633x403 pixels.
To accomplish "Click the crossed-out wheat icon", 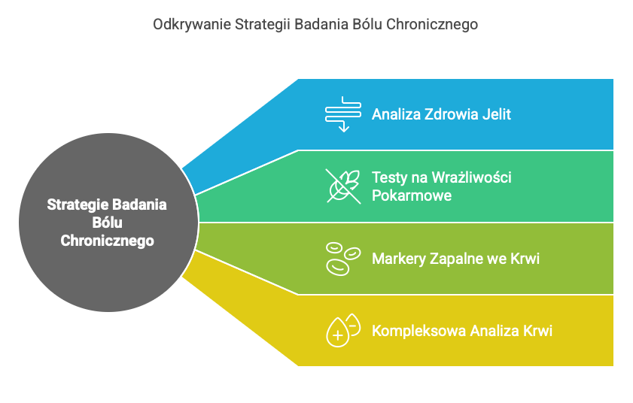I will pos(343,186).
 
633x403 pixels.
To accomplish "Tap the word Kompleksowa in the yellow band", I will pos(418,330).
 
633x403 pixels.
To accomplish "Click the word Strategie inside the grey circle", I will pos(76,205).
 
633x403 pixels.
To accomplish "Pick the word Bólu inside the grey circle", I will pos(107,223).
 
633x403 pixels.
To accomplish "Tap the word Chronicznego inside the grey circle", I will pos(107,241).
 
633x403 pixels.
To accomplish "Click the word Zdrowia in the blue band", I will pos(452,114).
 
